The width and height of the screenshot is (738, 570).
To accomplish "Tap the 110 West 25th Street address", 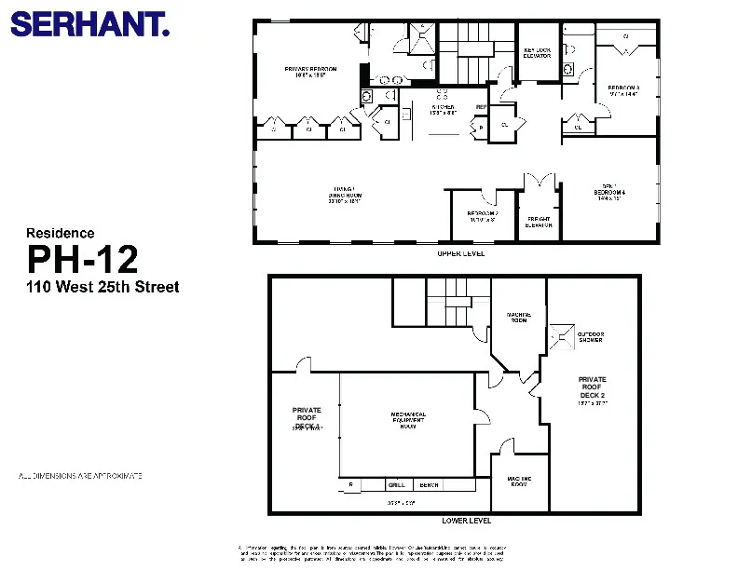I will coord(102,287).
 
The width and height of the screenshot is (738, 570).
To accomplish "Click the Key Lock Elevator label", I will coord(538,53).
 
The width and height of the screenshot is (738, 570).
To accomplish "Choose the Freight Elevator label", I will coord(538,222).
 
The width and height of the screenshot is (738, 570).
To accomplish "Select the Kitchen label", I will coord(443,109).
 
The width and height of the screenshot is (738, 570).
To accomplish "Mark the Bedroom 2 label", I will coord(483,215).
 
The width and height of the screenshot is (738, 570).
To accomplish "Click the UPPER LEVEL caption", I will coord(460,253).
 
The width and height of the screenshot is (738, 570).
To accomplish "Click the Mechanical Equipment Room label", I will coord(407,420).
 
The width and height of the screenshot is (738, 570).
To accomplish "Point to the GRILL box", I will coord(396,485).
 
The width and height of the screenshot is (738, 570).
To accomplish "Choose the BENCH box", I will coord(429,485).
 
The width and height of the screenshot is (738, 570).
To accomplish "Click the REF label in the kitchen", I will coord(481,107).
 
